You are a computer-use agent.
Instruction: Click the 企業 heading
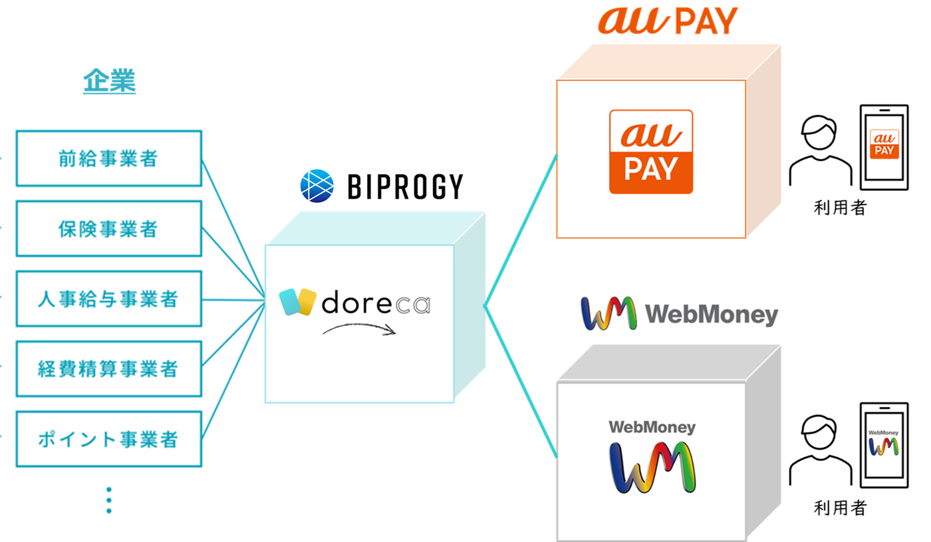click(109, 82)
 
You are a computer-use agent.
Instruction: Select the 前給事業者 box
click(108, 158)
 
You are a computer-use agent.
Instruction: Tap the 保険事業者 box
click(108, 229)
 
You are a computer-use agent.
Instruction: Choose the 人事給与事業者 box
click(108, 299)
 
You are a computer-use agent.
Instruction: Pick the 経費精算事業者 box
click(108, 369)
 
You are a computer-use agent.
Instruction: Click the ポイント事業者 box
click(108, 439)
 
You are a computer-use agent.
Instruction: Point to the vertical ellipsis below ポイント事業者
click(109, 499)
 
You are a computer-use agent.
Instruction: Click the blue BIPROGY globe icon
click(317, 186)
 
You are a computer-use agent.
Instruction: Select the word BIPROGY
click(405, 187)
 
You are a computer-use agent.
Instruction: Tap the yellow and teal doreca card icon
click(298, 303)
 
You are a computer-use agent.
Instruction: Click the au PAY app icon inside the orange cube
click(651, 152)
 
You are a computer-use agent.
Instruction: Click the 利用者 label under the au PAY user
click(841, 207)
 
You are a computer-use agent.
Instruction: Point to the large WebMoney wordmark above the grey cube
click(679, 313)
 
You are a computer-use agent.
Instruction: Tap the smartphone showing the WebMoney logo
click(884, 446)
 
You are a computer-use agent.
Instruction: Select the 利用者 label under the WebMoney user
click(841, 509)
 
